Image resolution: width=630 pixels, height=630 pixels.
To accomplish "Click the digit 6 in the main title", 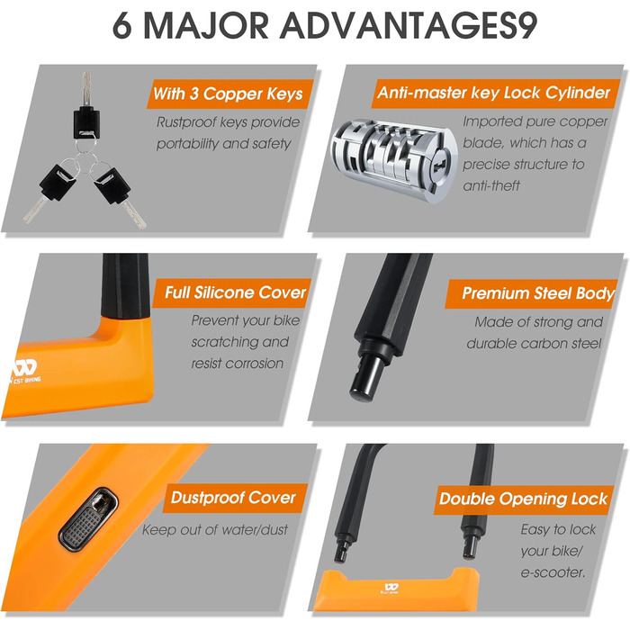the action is point(121,26).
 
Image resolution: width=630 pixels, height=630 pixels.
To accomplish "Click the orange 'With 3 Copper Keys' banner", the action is point(229,94).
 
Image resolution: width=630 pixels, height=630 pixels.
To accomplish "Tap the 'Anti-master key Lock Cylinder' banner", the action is point(495,94).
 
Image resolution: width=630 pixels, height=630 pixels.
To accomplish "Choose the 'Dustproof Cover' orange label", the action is point(235,498).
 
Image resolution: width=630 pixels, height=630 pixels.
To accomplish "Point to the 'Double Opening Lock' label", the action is point(524,499).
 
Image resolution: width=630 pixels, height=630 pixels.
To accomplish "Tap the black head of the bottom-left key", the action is point(58,183).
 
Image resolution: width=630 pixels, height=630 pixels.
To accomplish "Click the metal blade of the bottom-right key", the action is point(135,214).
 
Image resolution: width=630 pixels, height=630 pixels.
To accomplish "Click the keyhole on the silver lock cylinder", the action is point(439,165).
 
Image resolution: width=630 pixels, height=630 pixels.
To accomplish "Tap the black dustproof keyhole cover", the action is point(88,519).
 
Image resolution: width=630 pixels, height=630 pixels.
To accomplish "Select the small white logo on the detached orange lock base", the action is point(390,589).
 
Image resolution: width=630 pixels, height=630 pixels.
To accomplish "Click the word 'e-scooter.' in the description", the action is point(553,572).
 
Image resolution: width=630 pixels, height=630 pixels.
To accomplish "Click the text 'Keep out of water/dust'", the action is point(215,530).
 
